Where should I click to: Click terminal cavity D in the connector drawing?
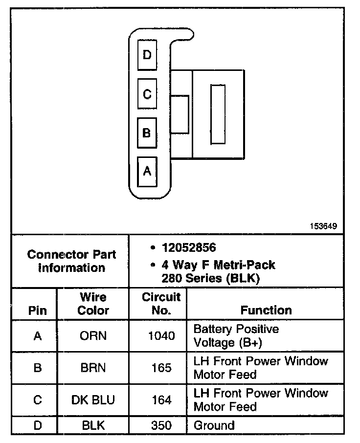pos(147,55)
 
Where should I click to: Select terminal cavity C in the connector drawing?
pos(147,94)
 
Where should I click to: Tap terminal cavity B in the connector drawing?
pos(147,133)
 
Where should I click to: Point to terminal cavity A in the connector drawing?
pos(147,171)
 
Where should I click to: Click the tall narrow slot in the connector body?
pos(218,114)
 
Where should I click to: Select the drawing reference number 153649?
pos(323,226)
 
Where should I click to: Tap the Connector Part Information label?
pos(72,261)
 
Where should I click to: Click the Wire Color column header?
pos(93,304)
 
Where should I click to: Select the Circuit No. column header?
pos(161,304)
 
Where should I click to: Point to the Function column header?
pos(266,310)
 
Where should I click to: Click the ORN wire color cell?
pos(93,336)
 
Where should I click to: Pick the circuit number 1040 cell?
pos(161,336)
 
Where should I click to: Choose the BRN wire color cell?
pos(93,368)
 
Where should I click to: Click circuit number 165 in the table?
pos(161,368)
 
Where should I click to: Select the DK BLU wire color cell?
pos(93,399)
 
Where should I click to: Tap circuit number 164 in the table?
pos(161,399)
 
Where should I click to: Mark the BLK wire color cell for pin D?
pos(93,425)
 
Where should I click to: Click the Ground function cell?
pos(214,425)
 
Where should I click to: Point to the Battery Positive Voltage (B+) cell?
pos(236,335)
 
